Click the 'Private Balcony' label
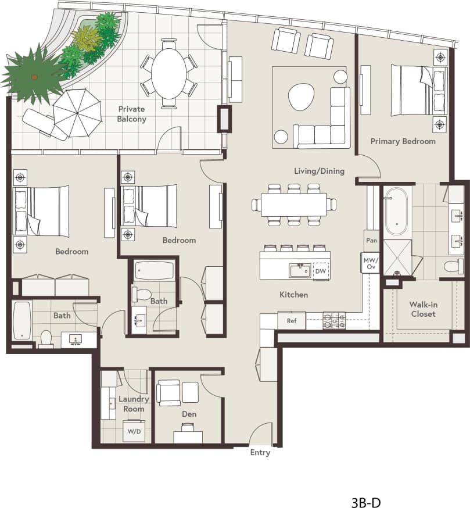[132, 114]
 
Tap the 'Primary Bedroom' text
[403, 141]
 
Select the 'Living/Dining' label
[319, 171]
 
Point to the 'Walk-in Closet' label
[422, 309]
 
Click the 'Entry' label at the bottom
[260, 453]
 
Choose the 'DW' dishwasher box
[321, 271]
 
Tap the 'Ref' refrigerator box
[292, 320]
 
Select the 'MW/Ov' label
[370, 263]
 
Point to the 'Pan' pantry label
[370, 239]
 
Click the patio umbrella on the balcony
[77, 112]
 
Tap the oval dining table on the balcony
[168, 73]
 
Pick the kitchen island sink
[300, 270]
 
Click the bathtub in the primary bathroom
[397, 210]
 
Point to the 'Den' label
[189, 414]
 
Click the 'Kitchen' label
[293, 295]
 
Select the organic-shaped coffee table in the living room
[301, 96]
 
